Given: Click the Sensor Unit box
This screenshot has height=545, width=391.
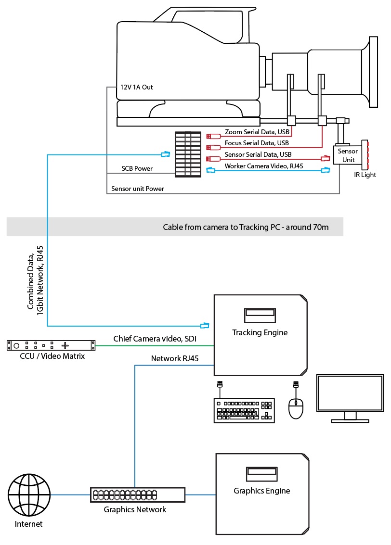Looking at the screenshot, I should point(347,155).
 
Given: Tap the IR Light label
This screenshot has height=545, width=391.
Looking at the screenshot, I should point(365,175).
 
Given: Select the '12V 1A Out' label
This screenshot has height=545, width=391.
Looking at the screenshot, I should point(136,87).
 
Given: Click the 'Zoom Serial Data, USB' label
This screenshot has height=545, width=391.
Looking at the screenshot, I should point(257,132).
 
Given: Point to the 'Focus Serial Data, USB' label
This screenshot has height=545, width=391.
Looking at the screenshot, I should point(257,143).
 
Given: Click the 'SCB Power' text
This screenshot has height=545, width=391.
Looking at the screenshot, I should point(137,169).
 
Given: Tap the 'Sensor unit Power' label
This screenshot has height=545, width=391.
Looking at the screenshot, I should point(137,189).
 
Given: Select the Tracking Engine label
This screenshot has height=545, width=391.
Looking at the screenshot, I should point(260,332).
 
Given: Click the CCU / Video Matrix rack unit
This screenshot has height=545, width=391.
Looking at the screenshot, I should point(50,345).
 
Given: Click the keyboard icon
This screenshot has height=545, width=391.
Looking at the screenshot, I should point(244,410).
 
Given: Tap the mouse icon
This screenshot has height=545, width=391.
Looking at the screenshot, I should point(296,408).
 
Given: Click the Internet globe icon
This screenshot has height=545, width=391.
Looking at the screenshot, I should point(29,494).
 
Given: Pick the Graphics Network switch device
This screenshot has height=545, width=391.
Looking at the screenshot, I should point(137,494).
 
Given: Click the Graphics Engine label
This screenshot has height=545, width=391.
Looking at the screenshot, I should point(261,491).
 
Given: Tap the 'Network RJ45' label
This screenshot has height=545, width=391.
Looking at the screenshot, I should point(175,358).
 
